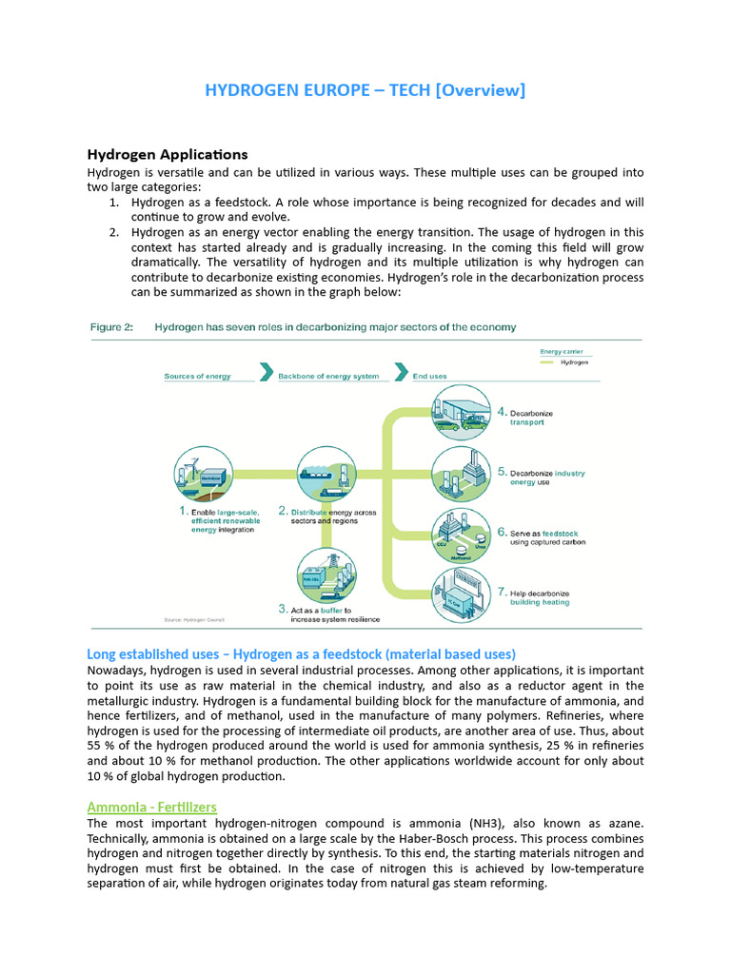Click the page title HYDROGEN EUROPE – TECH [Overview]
[x=365, y=90]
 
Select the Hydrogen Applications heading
[x=168, y=154]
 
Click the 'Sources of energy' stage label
[x=197, y=376]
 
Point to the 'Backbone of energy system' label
[x=328, y=376]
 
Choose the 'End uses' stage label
[x=429, y=376]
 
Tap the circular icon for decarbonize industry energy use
[x=462, y=473]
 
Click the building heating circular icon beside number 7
[x=462, y=594]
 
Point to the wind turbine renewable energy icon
[x=202, y=474]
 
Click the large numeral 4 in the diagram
[x=502, y=413]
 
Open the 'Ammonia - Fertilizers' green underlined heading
[x=151, y=807]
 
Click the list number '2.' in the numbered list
[x=112, y=231]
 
